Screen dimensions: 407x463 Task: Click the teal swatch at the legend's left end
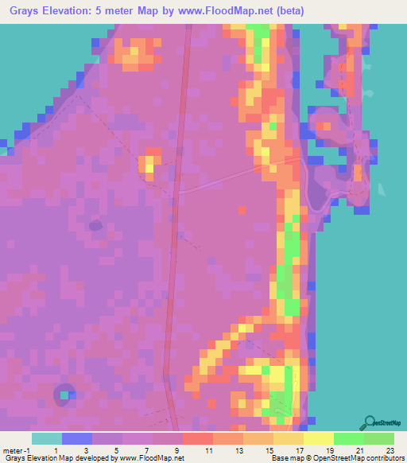click(47, 438)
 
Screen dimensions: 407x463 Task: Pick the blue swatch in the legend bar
click(77, 438)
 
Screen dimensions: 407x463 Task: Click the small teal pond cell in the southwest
click(72, 394)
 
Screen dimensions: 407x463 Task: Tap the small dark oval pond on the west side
click(96, 225)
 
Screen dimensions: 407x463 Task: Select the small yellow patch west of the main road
click(148, 165)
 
